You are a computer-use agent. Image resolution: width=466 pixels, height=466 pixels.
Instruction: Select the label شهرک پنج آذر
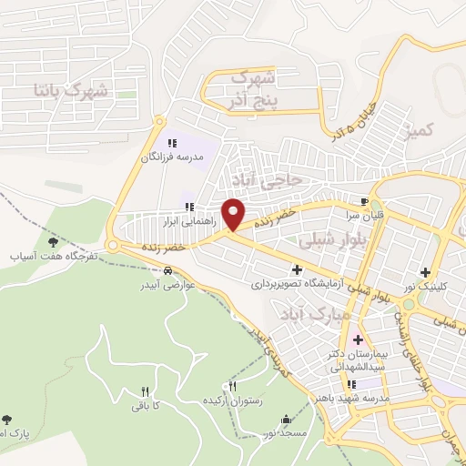coord(252,86)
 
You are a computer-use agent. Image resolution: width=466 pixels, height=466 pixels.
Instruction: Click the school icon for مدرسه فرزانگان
coord(172,143)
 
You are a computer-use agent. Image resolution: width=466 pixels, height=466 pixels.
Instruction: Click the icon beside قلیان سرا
coord(365,202)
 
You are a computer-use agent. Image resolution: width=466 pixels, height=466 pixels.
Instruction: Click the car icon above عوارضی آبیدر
coord(169,271)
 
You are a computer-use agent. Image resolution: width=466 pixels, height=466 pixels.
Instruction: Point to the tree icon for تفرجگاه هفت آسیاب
coord(52,242)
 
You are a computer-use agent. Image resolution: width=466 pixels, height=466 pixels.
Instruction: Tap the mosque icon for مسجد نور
coord(288,420)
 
